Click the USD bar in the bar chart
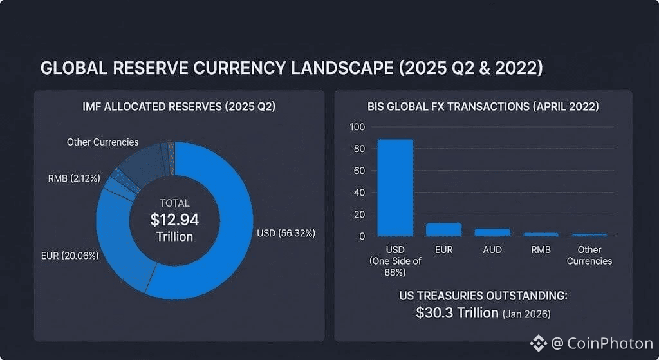pos(395,188)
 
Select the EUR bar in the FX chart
pos(443,230)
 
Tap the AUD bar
pos(492,232)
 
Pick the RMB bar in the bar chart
pos(541,234)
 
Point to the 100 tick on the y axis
pos(357,127)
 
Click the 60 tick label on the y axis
pos(358,171)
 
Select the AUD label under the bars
pos(492,250)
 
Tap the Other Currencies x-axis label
pos(589,255)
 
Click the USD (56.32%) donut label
pos(285,233)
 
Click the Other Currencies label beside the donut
pos(102,142)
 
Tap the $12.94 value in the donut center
pos(174,220)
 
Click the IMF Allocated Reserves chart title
pos(179,107)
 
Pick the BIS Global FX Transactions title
pos(483,107)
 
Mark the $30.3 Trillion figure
pos(457,313)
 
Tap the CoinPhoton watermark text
pos(610,344)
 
